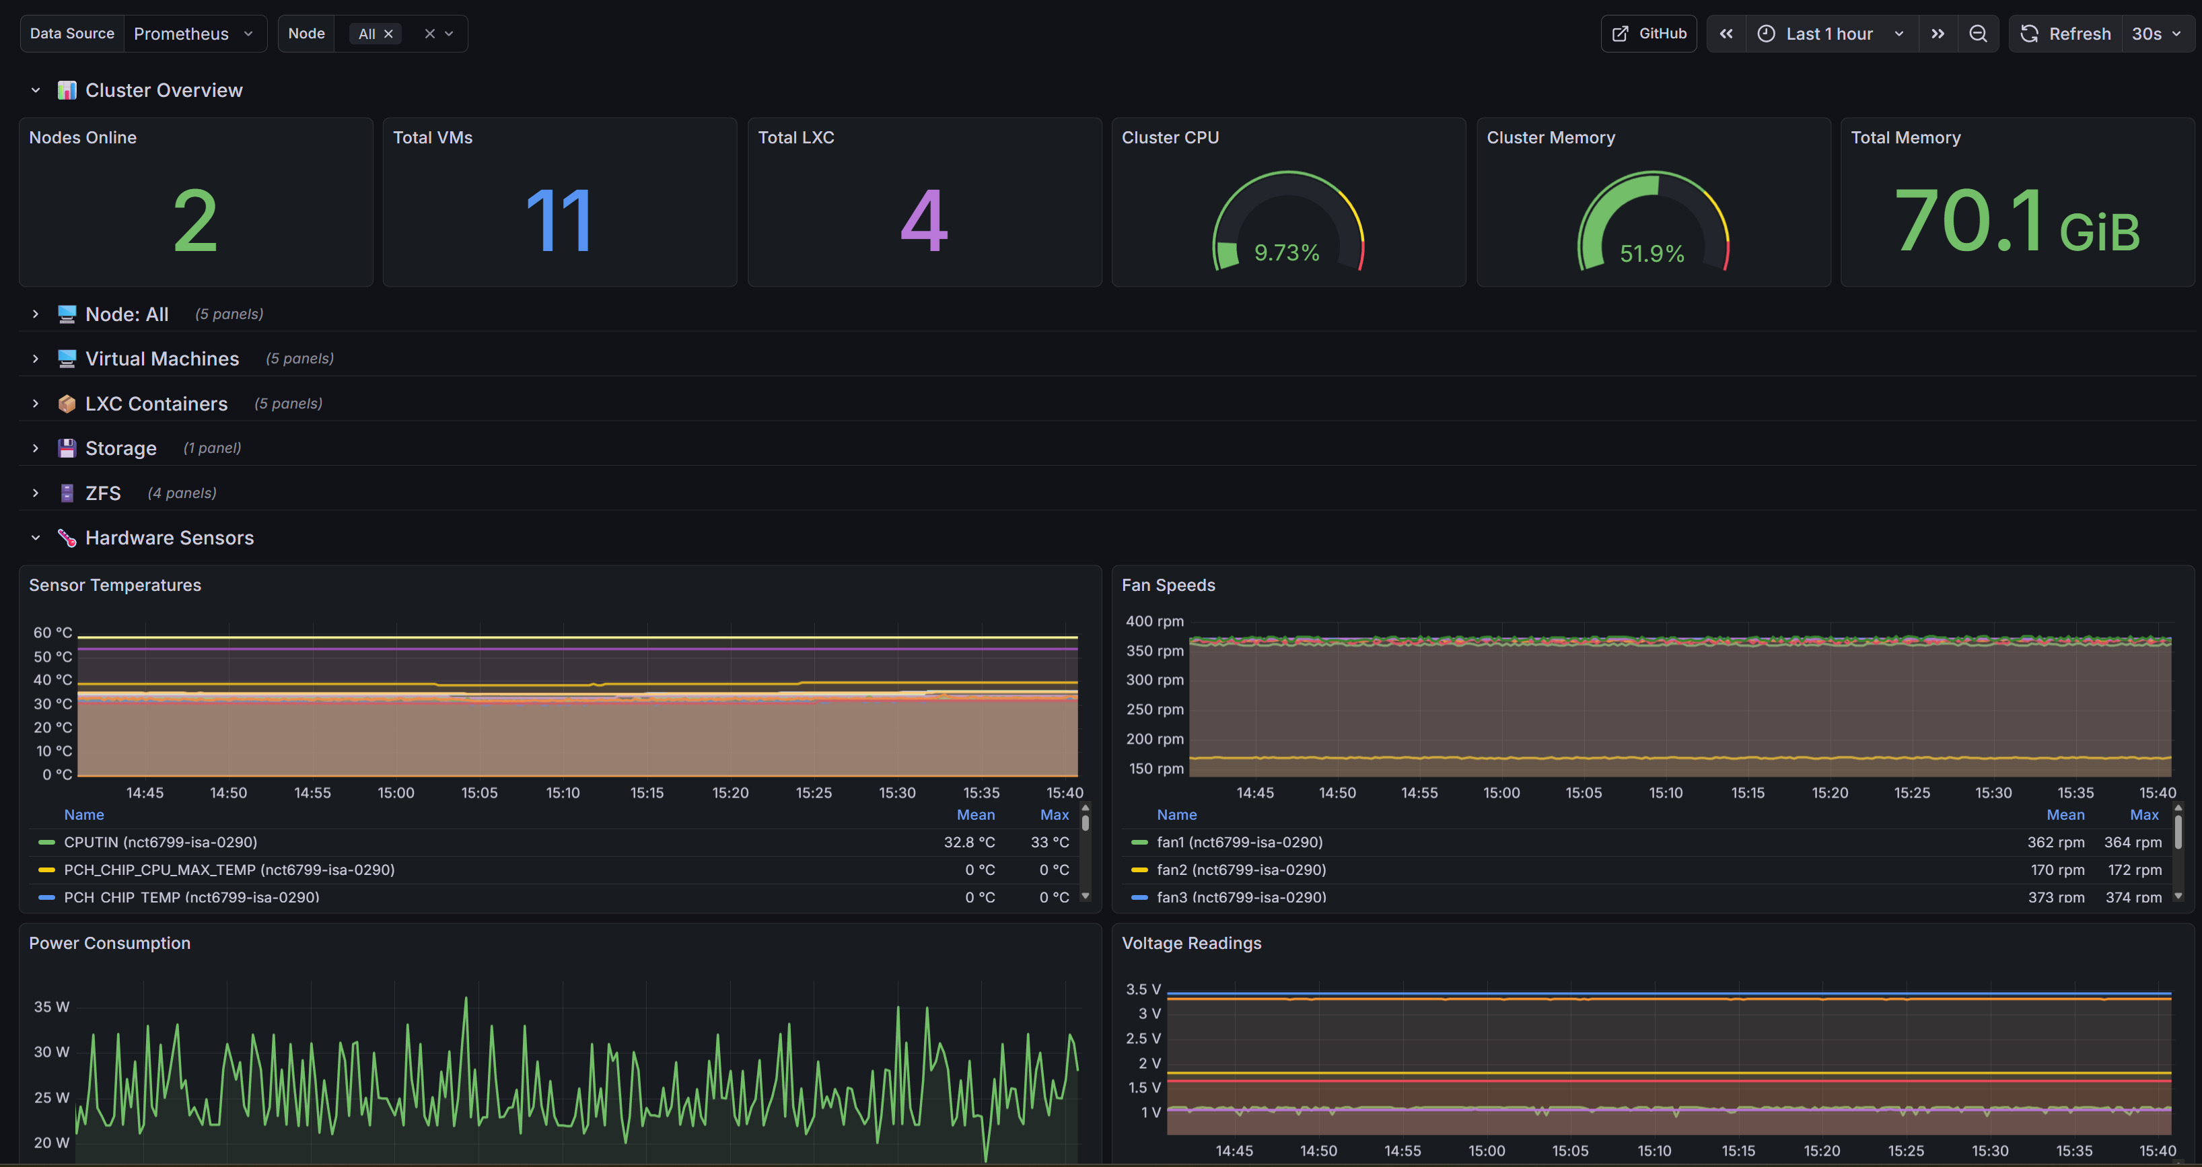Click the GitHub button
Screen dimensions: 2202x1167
click(1648, 34)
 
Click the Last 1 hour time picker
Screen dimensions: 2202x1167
click(1830, 34)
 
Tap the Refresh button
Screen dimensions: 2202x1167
click(2066, 34)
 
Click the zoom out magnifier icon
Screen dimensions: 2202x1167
click(1978, 34)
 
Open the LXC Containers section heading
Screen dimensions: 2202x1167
click(156, 404)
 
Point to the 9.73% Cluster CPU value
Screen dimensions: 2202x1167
click(1287, 253)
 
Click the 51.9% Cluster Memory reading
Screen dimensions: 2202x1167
click(1651, 254)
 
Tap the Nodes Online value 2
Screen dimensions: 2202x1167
click(195, 221)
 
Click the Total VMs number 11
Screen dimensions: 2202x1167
click(559, 221)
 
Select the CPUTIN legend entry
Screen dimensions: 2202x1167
click(161, 842)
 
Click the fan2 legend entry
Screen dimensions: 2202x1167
click(1241, 870)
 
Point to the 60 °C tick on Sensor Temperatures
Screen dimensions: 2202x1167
click(52, 633)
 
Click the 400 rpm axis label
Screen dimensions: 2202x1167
click(1154, 622)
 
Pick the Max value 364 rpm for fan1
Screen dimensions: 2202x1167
click(2133, 842)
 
